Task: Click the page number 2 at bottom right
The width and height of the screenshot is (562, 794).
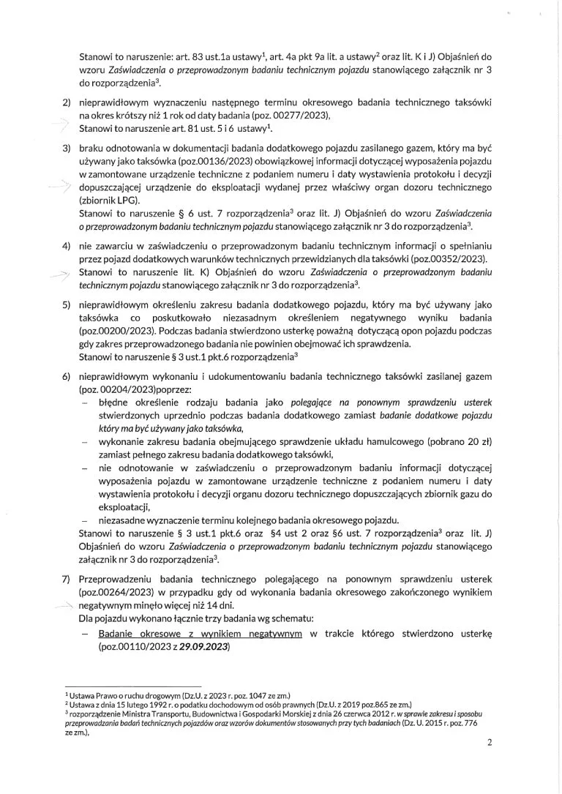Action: click(490, 742)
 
